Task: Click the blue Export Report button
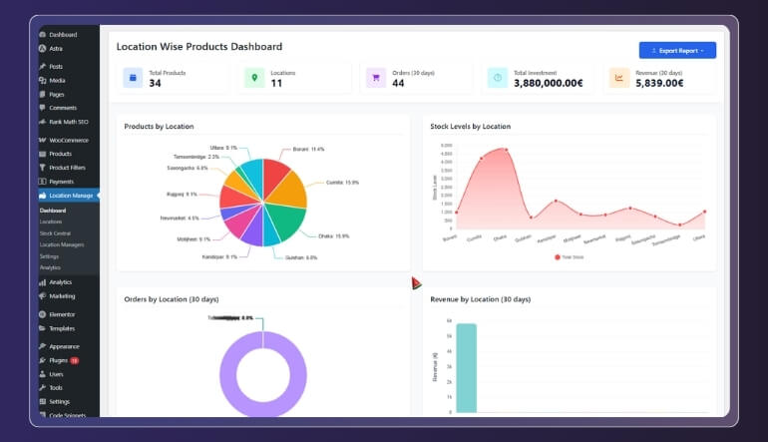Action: [x=677, y=50]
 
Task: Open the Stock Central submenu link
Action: [x=55, y=232]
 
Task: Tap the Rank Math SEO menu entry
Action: [x=69, y=121]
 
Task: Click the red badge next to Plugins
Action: [x=74, y=360]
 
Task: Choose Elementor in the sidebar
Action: [x=62, y=314]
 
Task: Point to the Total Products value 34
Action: [x=155, y=83]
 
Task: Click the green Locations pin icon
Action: [x=254, y=78]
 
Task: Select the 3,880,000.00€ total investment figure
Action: [x=547, y=83]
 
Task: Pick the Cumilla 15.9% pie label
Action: [x=343, y=183]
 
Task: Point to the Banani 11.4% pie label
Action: [x=309, y=150]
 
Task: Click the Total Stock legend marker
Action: [x=559, y=256]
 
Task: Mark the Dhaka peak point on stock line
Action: [x=506, y=150]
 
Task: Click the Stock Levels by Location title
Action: [x=470, y=127]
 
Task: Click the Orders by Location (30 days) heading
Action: [x=171, y=299]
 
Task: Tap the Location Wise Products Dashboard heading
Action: [x=198, y=47]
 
